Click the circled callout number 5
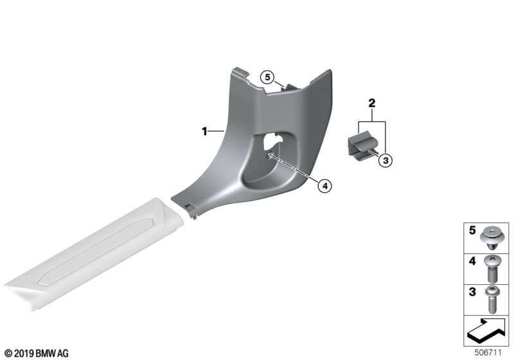[267, 78]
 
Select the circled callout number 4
[325, 186]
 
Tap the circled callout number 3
[385, 161]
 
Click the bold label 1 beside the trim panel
[204, 132]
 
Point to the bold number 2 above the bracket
[372, 104]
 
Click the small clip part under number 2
[362, 144]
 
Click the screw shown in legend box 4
[491, 269]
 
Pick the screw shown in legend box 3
[491, 299]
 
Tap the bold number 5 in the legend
[472, 230]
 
